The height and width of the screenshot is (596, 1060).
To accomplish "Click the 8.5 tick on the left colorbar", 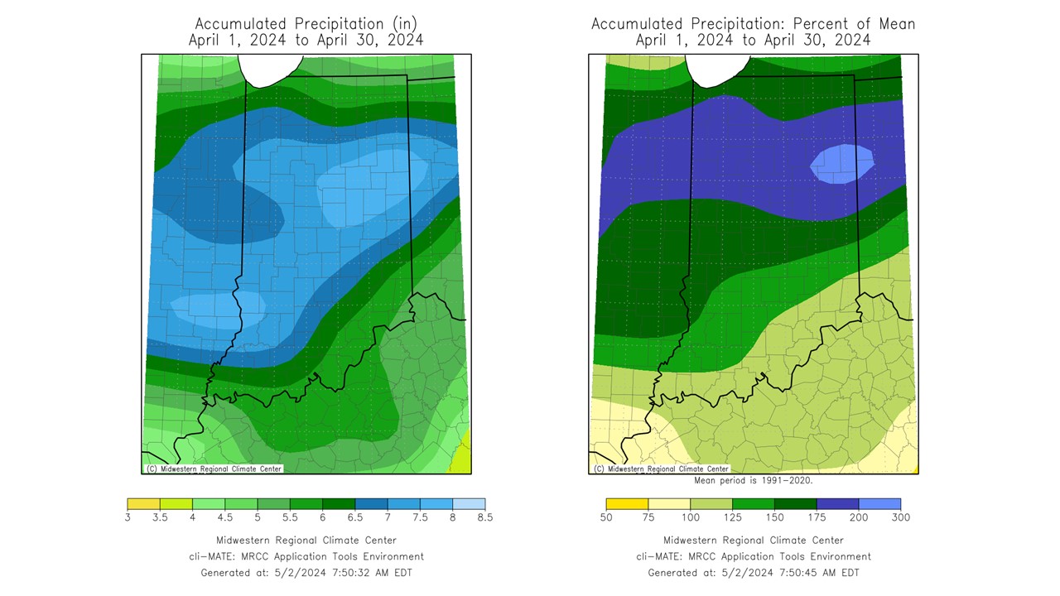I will [484, 517].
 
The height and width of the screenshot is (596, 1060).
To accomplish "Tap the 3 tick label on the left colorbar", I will [128, 517].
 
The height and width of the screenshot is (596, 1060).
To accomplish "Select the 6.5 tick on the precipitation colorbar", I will [354, 517].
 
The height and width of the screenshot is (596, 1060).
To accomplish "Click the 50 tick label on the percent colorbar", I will [606, 517].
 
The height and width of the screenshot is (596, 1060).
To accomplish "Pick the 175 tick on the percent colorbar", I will [817, 517].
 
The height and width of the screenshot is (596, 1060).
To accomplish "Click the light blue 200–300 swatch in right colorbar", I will [879, 503].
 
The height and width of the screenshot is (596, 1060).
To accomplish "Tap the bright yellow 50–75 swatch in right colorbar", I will [627, 503].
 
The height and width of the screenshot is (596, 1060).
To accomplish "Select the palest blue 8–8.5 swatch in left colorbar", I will [469, 503].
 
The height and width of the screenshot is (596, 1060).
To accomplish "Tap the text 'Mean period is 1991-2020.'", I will [753, 480].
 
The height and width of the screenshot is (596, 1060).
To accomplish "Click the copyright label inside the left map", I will [214, 469].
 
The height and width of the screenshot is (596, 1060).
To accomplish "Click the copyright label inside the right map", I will [661, 469].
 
